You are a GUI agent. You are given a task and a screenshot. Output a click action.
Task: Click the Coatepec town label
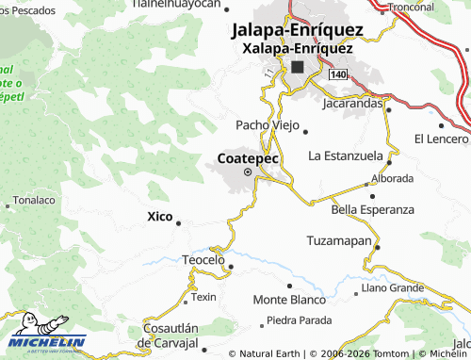point(248,158)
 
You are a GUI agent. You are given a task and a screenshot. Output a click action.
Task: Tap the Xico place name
point(160,217)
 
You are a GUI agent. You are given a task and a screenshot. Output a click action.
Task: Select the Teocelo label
point(203,259)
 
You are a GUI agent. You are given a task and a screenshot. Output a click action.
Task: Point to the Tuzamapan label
point(339,241)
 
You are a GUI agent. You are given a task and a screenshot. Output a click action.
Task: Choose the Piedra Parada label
point(300,319)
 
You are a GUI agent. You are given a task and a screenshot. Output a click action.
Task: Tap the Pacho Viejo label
point(267,125)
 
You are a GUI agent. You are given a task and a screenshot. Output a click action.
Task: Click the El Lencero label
point(441,139)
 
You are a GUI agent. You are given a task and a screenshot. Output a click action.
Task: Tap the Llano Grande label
point(393,286)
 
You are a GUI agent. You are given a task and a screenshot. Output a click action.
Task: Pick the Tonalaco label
point(32,201)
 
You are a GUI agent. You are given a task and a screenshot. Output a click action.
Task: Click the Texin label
point(204,297)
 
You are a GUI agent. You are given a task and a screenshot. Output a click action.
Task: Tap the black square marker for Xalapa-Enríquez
point(298,67)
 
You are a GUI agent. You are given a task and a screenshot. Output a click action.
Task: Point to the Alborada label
point(393,177)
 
